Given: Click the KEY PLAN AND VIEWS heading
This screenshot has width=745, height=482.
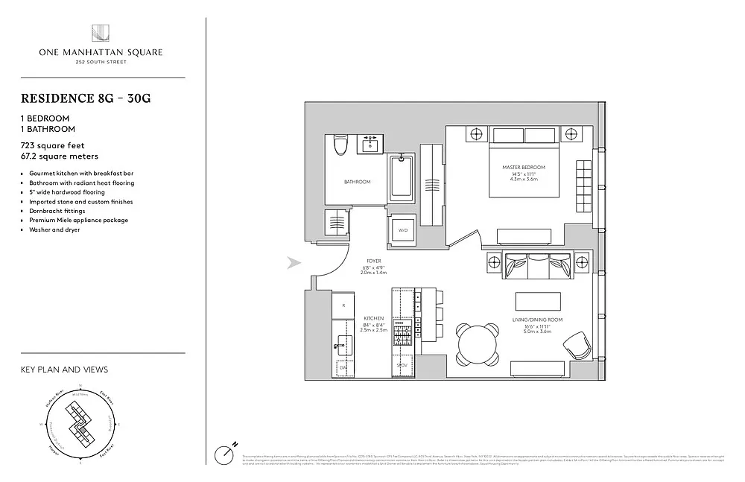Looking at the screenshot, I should [64, 370].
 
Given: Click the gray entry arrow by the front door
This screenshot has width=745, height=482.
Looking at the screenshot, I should [294, 262].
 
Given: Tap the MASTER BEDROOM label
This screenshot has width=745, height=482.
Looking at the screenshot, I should [523, 167].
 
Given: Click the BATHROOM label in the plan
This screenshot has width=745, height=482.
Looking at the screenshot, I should [356, 182].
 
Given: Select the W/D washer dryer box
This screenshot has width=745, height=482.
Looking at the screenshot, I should [404, 230].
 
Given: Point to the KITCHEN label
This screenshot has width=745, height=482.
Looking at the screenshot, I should [374, 318].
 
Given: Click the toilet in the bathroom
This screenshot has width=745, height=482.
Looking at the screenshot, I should [340, 146].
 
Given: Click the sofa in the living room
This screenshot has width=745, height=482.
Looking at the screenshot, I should [538, 266].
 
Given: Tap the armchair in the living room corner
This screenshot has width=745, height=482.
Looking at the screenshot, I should [577, 347].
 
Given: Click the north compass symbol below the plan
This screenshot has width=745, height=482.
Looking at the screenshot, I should [224, 453].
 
